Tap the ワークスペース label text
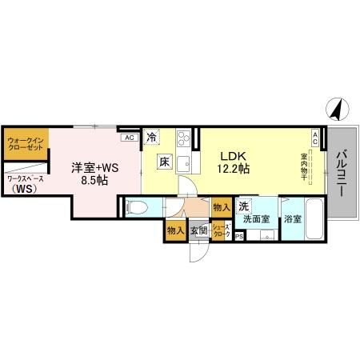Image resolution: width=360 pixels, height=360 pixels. (25, 180)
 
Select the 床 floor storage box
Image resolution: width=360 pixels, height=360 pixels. (162, 160)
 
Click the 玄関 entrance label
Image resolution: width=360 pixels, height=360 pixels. (198, 231)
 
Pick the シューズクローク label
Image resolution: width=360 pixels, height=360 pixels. (221, 231)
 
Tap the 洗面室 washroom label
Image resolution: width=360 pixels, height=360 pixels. (257, 219)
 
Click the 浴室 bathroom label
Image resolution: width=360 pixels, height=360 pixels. (293, 219)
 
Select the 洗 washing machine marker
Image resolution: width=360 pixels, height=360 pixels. (242, 205)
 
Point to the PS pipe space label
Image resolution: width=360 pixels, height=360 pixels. (238, 237)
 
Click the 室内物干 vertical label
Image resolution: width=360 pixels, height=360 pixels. (305, 169)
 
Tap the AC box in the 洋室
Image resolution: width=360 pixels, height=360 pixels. (128, 138)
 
